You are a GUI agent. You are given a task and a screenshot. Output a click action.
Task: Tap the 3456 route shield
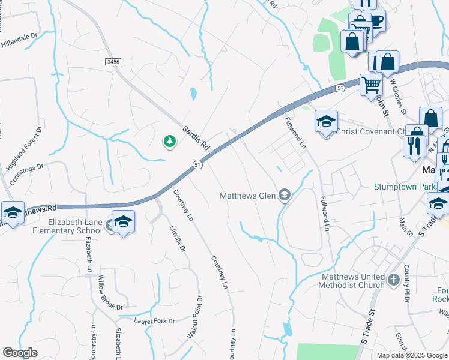tap(112, 62)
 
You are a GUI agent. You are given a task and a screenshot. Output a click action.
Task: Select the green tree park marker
tap(170, 142)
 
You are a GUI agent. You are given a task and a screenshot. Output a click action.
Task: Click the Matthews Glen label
tap(247, 195)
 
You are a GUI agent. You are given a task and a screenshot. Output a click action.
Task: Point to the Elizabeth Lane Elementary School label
tap(75, 226)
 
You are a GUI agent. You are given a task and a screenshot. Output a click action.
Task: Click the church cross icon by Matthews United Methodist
tap(393, 280)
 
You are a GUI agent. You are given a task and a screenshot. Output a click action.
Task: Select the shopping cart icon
tap(371, 85)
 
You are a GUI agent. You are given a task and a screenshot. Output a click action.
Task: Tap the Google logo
tap(20, 353)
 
